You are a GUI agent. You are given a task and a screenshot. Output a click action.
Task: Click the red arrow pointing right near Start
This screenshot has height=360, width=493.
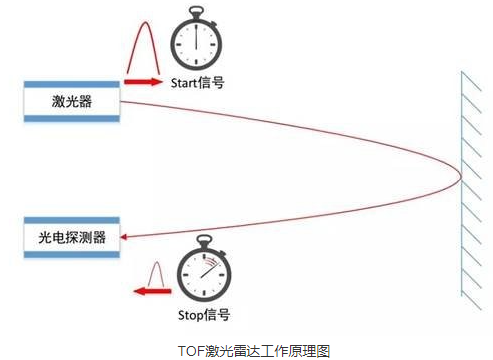pyautogui.click(x=142, y=82)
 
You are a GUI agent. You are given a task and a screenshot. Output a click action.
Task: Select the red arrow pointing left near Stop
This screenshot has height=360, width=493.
pyautogui.click(x=151, y=293)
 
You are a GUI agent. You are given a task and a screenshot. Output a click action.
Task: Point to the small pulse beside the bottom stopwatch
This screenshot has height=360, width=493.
pyautogui.click(x=155, y=271)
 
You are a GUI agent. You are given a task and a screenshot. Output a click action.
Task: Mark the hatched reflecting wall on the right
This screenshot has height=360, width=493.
pyautogui.click(x=468, y=184)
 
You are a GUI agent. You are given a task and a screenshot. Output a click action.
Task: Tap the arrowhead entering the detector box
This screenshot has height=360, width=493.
pyautogui.click(x=128, y=237)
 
